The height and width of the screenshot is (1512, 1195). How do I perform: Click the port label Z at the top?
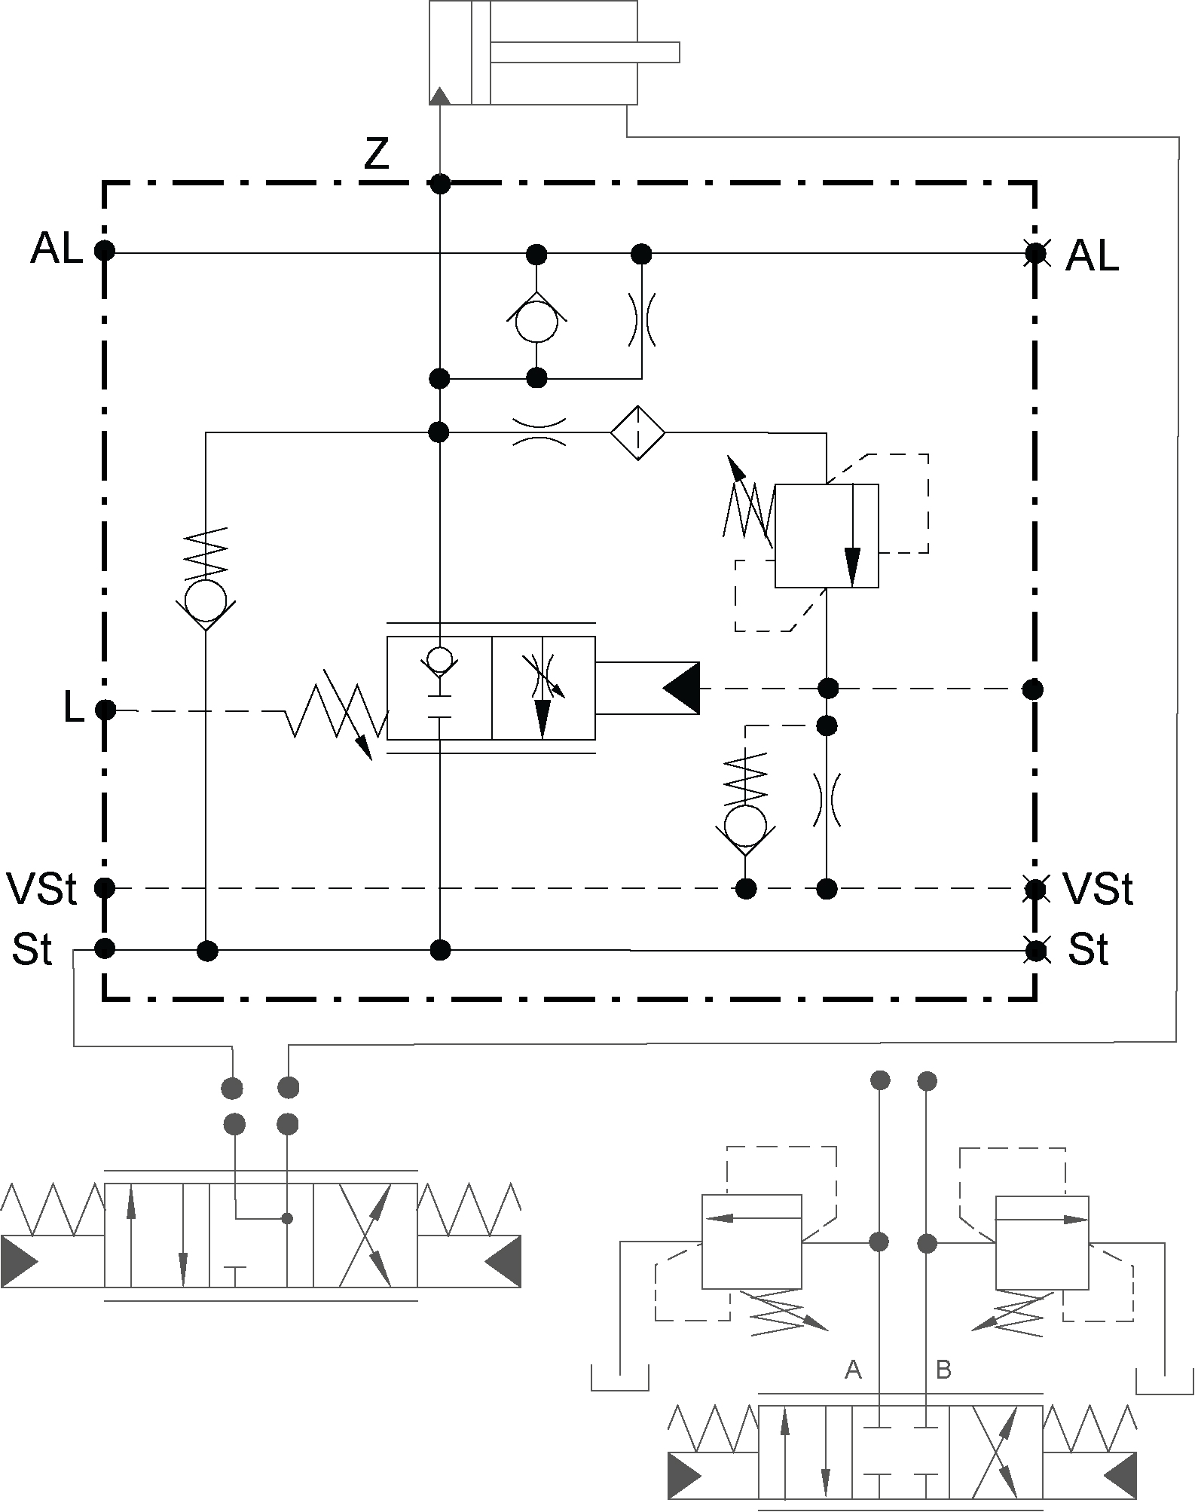[376, 154]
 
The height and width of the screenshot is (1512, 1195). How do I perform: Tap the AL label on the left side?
[56, 249]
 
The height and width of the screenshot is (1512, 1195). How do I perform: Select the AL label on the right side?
[1092, 257]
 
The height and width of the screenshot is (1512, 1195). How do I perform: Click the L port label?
[73, 709]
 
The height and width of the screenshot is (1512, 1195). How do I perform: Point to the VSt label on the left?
[41, 889]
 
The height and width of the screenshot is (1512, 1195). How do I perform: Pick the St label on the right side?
[1089, 950]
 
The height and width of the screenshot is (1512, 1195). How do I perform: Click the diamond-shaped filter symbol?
[637, 432]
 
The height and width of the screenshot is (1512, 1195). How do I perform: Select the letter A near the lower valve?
[853, 1369]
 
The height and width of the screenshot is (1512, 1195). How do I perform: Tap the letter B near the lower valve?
[943, 1369]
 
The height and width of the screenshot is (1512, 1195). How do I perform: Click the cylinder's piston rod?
[585, 52]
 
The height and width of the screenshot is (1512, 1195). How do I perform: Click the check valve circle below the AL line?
[536, 322]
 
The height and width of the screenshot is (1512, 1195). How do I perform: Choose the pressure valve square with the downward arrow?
[827, 536]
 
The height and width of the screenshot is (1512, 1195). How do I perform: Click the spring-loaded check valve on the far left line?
[205, 600]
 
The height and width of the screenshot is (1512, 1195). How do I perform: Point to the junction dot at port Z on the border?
[440, 183]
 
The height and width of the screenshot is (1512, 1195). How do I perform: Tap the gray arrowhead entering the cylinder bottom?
[440, 95]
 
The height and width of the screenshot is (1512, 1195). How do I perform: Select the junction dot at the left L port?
[105, 710]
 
